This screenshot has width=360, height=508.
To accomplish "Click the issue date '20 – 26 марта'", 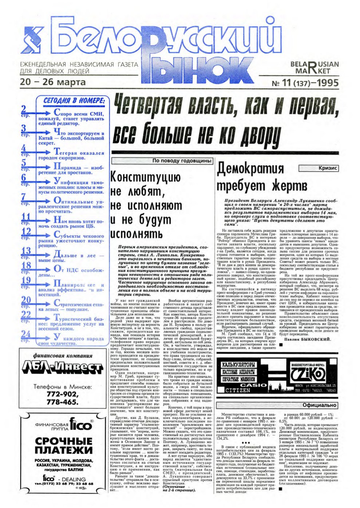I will pos(53,82).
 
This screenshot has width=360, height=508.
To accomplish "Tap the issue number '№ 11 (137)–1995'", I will pos(305,83).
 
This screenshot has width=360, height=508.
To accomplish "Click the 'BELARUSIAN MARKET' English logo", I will pos(314,68).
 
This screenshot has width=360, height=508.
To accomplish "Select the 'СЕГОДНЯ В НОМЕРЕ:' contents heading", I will pos(74,100).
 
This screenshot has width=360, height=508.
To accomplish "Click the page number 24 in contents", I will pos(25,334).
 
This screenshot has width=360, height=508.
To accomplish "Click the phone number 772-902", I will pos(62,394).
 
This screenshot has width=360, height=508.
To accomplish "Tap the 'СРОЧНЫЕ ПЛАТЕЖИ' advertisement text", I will pos(63,446).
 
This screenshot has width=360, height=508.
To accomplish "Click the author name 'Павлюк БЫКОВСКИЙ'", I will pos(308,339).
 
